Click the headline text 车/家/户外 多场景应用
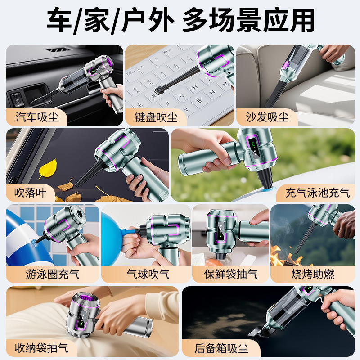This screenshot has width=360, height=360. (180, 21)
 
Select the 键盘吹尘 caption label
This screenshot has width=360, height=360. (156, 118)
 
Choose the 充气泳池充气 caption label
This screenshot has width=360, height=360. (317, 193)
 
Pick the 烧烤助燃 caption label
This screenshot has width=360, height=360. (312, 274)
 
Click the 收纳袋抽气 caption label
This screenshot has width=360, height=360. (41, 347)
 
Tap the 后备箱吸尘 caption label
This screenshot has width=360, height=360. (221, 348)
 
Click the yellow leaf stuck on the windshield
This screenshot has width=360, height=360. (47, 168)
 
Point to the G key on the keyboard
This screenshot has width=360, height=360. (180, 95)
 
